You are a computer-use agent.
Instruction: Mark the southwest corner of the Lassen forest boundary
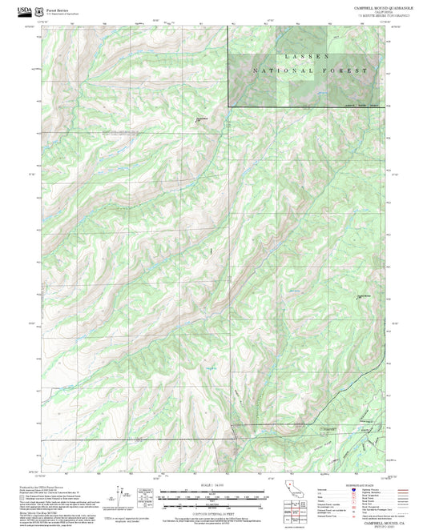click(x=228, y=106)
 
